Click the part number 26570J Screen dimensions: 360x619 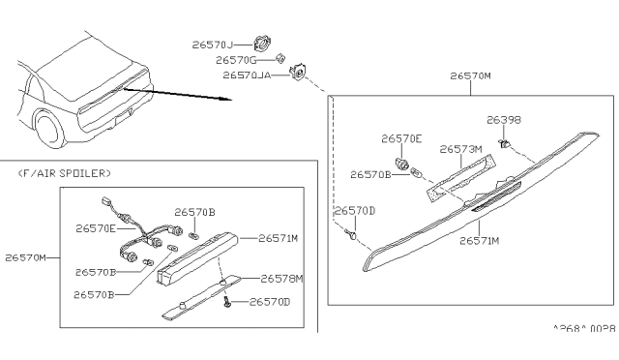tap(219, 43)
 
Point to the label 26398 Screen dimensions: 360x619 tap(503, 122)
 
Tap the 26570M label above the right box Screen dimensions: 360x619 tap(470, 74)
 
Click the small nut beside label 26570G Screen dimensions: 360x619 tap(280, 59)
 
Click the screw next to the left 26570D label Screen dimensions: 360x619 tap(353, 233)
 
